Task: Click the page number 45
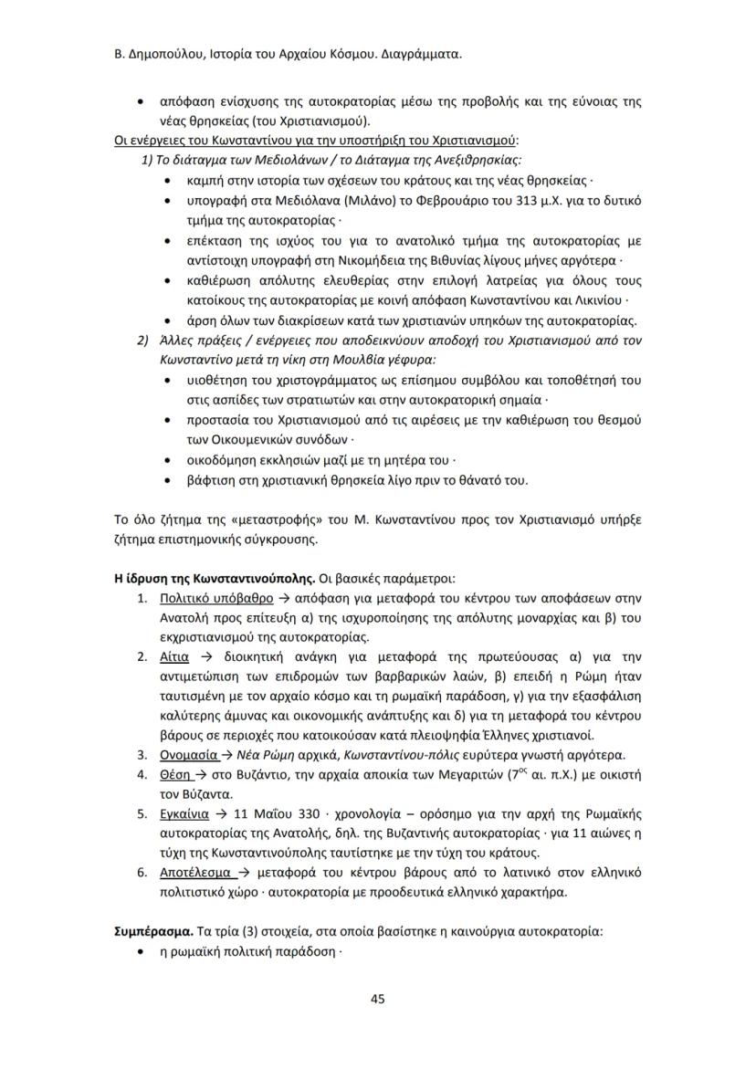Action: pyautogui.click(x=377, y=998)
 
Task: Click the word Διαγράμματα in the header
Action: pyautogui.click(x=415, y=54)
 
